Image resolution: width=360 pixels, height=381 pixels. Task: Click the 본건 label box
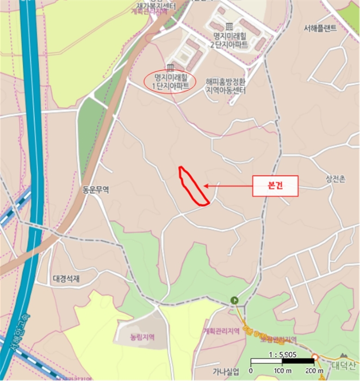276,186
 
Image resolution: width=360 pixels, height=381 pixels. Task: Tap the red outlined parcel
192,187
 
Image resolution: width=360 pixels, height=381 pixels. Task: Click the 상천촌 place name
336,178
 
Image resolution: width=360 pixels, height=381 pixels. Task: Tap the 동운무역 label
95,190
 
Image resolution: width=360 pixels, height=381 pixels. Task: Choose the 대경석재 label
67,279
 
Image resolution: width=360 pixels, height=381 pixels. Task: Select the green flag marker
234,299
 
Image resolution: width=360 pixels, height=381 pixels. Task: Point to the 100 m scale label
282,371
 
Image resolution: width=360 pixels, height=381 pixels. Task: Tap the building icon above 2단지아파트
229,26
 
